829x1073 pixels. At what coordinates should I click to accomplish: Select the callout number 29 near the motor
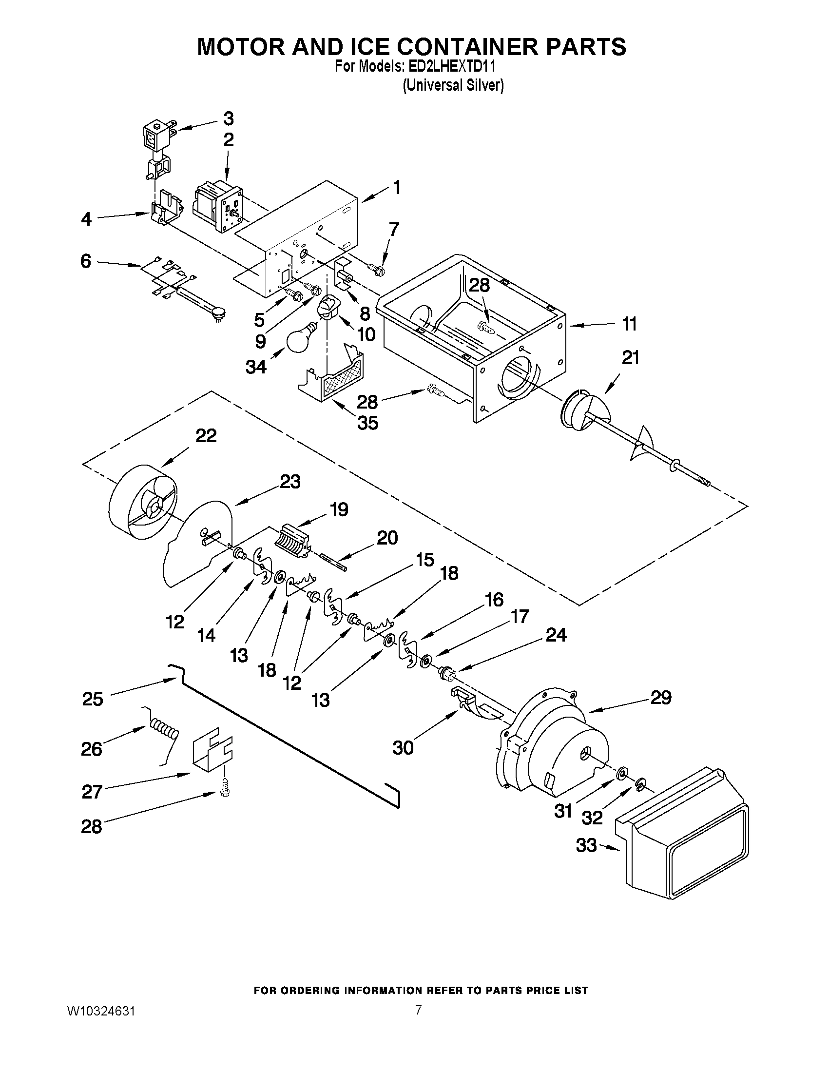pyautogui.click(x=660, y=698)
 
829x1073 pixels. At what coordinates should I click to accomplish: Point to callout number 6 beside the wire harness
pyautogui.click(x=86, y=261)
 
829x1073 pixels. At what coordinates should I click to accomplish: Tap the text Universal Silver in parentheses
pyautogui.click(x=453, y=85)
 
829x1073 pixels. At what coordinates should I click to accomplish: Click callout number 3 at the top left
pyautogui.click(x=229, y=118)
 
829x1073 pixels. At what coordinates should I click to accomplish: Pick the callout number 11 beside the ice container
pyautogui.click(x=629, y=324)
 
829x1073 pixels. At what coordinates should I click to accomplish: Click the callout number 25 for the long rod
pyautogui.click(x=92, y=699)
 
